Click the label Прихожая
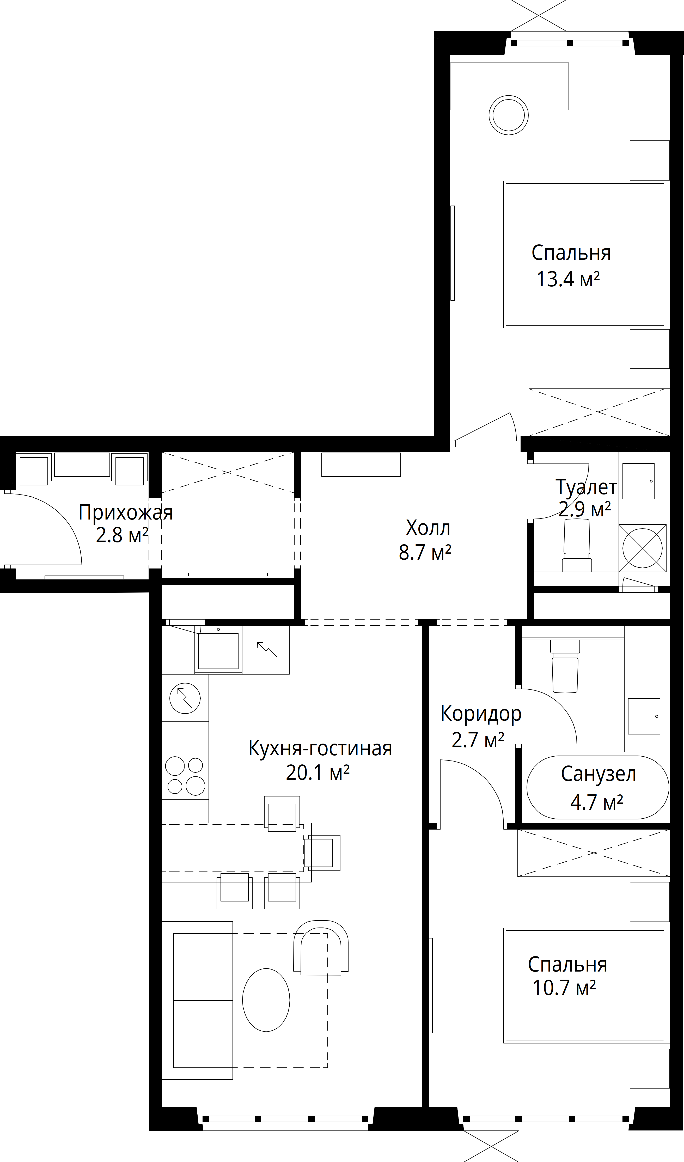(125, 513)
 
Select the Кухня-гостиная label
(320, 748)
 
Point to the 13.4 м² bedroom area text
(568, 279)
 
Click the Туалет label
(586, 487)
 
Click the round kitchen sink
(185, 699)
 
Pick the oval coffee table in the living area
(266, 1000)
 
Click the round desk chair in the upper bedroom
(509, 115)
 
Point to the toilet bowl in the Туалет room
(577, 544)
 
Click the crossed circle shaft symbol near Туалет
(643, 548)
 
